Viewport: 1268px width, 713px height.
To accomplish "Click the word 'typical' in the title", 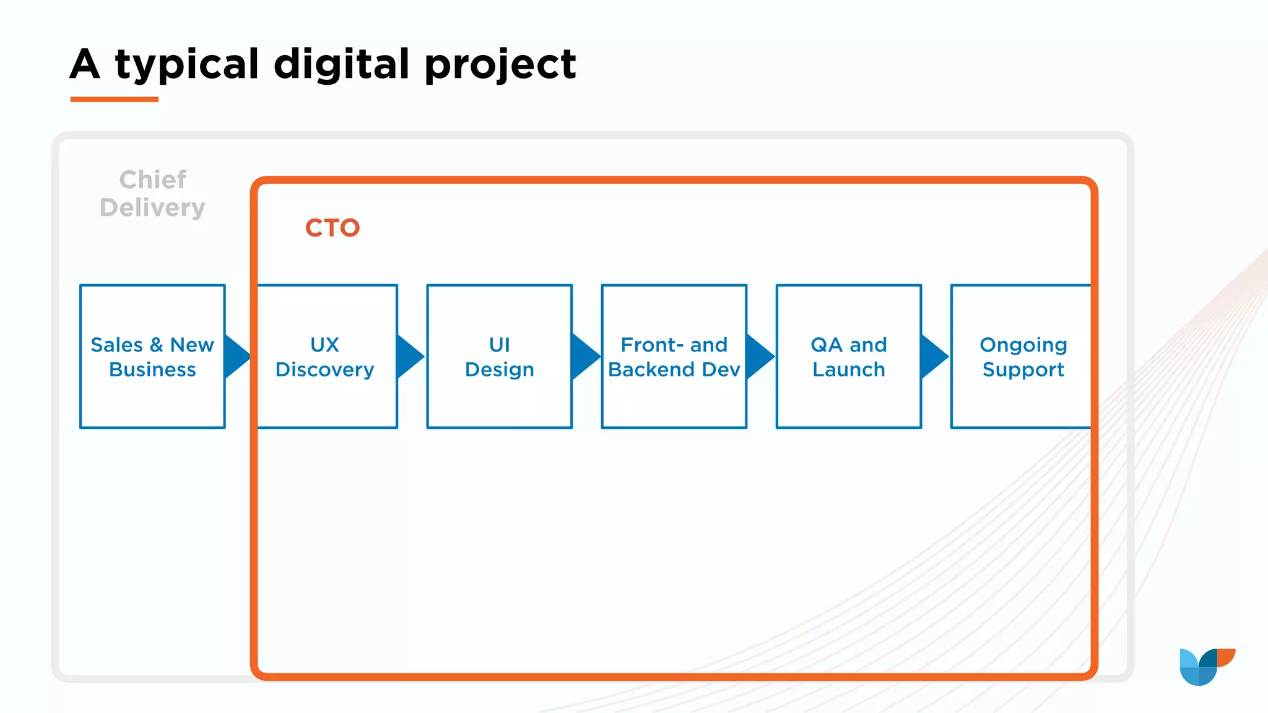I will pyautogui.click(x=187, y=64).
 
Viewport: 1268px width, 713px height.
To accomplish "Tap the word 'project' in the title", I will pyautogui.click(x=500, y=64).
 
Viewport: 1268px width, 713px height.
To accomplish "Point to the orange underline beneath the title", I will pyautogui.click(x=115, y=99).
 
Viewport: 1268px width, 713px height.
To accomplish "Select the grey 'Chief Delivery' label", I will pyautogui.click(x=152, y=194).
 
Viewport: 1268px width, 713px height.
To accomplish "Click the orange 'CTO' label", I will pyautogui.click(x=332, y=228).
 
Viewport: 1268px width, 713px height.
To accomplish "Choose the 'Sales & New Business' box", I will pyautogui.click(x=152, y=356).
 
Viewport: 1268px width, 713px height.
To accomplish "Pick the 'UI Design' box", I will pyautogui.click(x=499, y=356).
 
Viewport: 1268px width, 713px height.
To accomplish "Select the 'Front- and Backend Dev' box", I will pyautogui.click(x=674, y=356).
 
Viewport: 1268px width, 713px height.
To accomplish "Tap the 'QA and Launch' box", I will pyautogui.click(x=848, y=356).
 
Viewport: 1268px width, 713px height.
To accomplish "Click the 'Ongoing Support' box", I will pyautogui.click(x=1022, y=356).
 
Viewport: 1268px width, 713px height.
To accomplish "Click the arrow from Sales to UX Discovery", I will pyautogui.click(x=236, y=356).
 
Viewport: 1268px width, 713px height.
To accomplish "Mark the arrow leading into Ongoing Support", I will pyautogui.click(x=933, y=356).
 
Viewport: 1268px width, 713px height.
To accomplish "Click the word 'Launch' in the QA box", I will pyautogui.click(x=848, y=369).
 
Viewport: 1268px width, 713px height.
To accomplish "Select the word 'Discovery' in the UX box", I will pyautogui.click(x=324, y=369).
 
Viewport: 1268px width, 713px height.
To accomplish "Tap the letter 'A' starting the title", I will pyautogui.click(x=85, y=64).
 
